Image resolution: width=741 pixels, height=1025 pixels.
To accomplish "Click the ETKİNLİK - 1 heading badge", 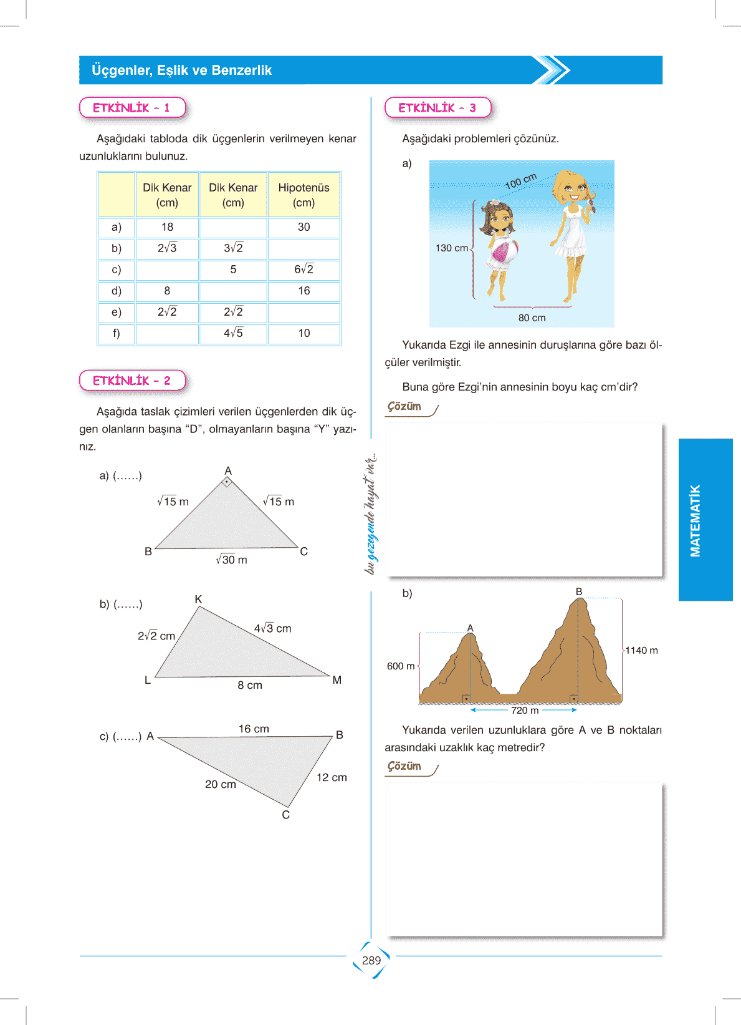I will point(132,108).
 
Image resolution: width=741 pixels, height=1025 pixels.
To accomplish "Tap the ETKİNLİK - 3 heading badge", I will point(437,108).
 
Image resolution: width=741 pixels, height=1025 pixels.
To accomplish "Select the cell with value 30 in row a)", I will point(304,227).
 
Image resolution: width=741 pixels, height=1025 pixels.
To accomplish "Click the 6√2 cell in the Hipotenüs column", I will point(304,270).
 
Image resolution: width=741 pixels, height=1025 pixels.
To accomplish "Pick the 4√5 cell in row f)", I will point(233,333).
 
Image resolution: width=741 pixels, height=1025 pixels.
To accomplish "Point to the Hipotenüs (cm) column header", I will point(304,195).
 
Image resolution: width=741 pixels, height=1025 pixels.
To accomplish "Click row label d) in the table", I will point(117,291).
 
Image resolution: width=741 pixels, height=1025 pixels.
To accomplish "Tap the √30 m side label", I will point(231,560).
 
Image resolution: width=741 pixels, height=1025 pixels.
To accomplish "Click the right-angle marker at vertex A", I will point(227,482).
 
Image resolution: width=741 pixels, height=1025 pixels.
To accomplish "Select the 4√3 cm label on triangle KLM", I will point(272,628).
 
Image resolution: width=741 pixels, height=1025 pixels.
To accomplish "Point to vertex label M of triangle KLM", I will point(337,680).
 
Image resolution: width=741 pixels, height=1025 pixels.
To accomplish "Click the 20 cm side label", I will point(221,784).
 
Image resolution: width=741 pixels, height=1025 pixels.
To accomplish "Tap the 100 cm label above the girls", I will point(520,182).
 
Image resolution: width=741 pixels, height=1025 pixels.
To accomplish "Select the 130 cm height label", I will point(451,248).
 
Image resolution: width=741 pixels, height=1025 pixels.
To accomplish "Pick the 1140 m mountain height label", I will point(641,650).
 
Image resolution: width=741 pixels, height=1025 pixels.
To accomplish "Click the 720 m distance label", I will point(525,710).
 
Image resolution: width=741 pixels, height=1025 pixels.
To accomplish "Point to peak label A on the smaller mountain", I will point(470,628).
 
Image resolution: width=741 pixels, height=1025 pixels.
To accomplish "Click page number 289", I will point(371,960).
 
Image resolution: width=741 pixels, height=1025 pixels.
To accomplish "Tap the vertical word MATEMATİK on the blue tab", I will point(696,520).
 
